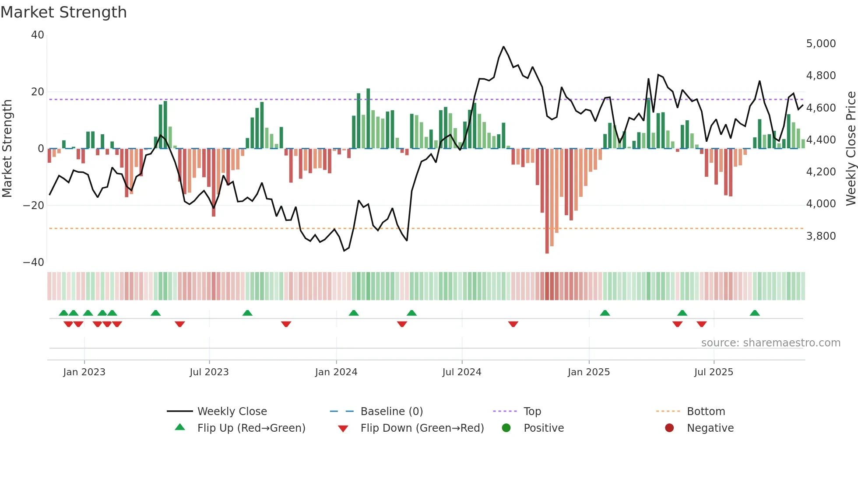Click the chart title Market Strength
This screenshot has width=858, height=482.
(63, 12)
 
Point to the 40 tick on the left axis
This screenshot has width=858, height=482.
(38, 35)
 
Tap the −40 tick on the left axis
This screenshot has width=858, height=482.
(34, 262)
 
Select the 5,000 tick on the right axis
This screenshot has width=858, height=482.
(821, 44)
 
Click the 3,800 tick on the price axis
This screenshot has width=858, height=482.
(821, 236)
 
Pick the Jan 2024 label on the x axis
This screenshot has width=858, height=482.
(336, 372)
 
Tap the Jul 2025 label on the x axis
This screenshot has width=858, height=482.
(714, 372)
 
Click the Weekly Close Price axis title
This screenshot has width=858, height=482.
(851, 149)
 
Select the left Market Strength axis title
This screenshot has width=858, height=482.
(7, 149)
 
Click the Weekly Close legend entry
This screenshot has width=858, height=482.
(232, 412)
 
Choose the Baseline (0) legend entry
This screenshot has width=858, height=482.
(391, 412)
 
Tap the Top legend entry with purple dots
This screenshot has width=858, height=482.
(532, 412)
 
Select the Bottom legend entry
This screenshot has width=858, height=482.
(706, 412)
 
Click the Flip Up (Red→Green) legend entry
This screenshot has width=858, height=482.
(251, 428)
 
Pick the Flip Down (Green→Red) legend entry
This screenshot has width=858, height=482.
(422, 428)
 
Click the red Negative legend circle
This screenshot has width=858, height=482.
(669, 428)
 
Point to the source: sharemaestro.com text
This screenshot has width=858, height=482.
(770, 343)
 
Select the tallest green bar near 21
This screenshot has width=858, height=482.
(368, 118)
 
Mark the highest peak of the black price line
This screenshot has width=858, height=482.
(503, 47)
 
